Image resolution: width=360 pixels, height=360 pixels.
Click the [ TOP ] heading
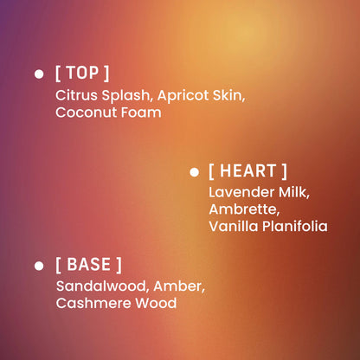[82, 74]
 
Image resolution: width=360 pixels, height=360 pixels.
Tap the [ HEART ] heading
[247, 171]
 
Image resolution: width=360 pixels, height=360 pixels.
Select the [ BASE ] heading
[88, 264]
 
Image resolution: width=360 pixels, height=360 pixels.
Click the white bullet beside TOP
[39, 74]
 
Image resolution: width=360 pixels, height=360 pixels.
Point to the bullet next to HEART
[194, 172]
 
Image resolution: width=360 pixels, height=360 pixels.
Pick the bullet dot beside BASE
[39, 265]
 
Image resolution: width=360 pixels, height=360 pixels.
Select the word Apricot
[183, 95]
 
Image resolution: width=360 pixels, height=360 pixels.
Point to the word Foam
[143, 112]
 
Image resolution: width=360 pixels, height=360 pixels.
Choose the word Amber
[181, 286]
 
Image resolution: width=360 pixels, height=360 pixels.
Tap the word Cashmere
[92, 303]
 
